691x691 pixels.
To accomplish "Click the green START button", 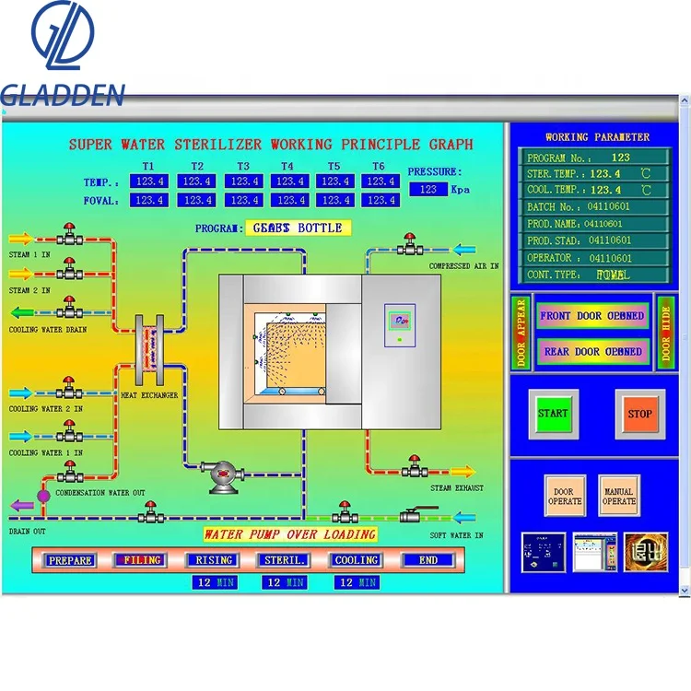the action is coord(553,414).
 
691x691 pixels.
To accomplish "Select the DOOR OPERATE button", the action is coord(565,497).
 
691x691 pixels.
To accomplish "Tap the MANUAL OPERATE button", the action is coord(618,497).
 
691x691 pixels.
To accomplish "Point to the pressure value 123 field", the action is coord(428,189).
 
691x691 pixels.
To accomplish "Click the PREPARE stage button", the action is coord(71,559).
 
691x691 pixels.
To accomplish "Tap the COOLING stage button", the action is coord(356,559).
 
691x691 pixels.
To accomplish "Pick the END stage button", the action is coord(427,559).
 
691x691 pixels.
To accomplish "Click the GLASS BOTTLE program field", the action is coord(299,228).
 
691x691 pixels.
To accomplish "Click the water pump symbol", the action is coord(222,474).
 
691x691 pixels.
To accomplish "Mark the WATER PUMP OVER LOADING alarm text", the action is coord(290,534).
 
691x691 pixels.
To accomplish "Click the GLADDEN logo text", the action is coord(62,94).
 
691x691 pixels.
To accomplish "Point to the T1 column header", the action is coord(148,167).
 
